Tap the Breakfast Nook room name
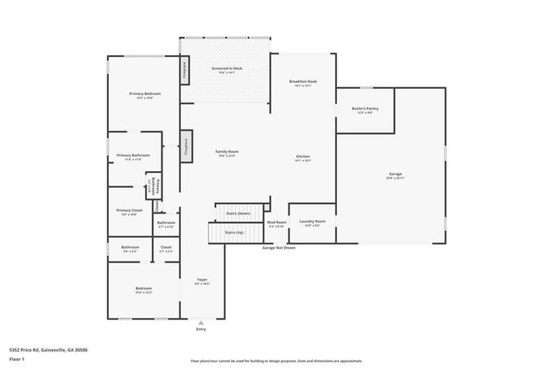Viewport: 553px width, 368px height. [x=302, y=81]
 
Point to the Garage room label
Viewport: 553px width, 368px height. [x=394, y=174]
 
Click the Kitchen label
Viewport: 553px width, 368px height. [x=302, y=156]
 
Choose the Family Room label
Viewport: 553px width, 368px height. [x=227, y=151]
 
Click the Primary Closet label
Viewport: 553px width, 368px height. [x=130, y=210]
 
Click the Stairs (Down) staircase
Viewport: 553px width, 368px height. [x=238, y=213]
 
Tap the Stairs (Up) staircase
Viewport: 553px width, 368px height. [x=234, y=232]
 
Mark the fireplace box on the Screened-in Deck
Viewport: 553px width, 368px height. [x=184, y=70]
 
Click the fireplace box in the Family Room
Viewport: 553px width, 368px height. [x=185, y=146]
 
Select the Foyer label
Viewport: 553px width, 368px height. [x=201, y=280]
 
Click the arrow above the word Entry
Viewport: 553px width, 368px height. [x=201, y=321]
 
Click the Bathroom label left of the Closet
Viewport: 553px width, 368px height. [x=130, y=248]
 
